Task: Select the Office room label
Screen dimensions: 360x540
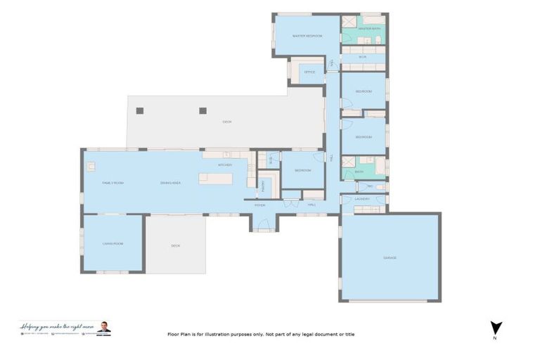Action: pyautogui.click(x=309, y=72)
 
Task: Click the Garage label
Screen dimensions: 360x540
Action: pyautogui.click(x=390, y=258)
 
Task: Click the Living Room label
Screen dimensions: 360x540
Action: pyautogui.click(x=112, y=243)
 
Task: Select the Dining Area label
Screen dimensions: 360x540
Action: pyautogui.click(x=171, y=183)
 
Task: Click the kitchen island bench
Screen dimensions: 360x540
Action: pyautogui.click(x=215, y=179)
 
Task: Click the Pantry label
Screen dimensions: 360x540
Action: pyautogui.click(x=264, y=186)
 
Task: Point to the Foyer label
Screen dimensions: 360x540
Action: pyautogui.click(x=259, y=205)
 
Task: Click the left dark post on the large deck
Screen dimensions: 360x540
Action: pyautogui.click(x=140, y=110)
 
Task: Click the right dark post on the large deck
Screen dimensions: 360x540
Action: pyautogui.click(x=203, y=110)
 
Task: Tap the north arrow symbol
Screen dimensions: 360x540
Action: pyautogui.click(x=496, y=328)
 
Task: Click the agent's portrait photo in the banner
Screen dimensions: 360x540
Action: pyautogui.click(x=104, y=328)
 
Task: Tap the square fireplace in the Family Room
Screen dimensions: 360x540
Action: pyautogui.click(x=91, y=167)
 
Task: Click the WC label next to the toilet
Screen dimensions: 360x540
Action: pyautogui.click(x=370, y=187)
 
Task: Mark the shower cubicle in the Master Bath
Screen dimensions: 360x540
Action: pyautogui.click(x=349, y=22)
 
